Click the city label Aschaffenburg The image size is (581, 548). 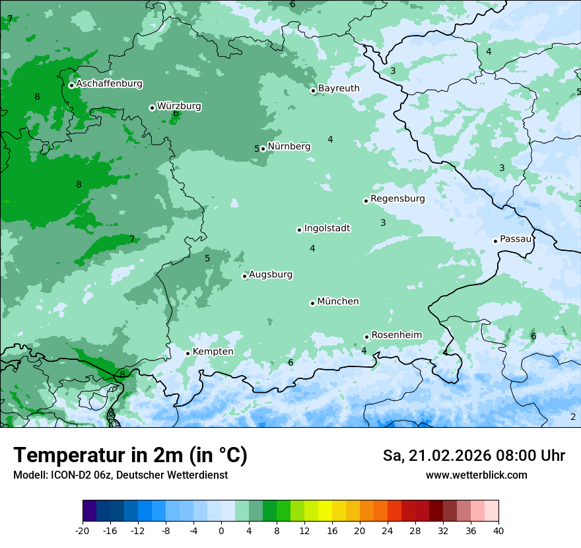tap(109, 84)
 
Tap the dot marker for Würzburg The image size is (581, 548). tap(152, 108)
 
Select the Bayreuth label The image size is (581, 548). tap(339, 88)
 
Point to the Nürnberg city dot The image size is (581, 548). tap(263, 149)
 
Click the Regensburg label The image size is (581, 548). tap(397, 198)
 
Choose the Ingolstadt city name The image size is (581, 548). tap(327, 228)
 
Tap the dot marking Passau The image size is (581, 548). tap(495, 241)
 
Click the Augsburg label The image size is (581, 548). tap(271, 274)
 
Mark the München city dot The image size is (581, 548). tap(312, 303)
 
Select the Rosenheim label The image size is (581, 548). tap(396, 335)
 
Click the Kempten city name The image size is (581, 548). tap(213, 351)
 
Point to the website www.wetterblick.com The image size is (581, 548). tap(476, 475)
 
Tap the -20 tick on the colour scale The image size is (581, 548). tap(83, 530)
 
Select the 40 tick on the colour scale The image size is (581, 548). tap(498, 530)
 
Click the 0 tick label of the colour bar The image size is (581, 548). tap(221, 530)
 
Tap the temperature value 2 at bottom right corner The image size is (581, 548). tap(573, 417)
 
